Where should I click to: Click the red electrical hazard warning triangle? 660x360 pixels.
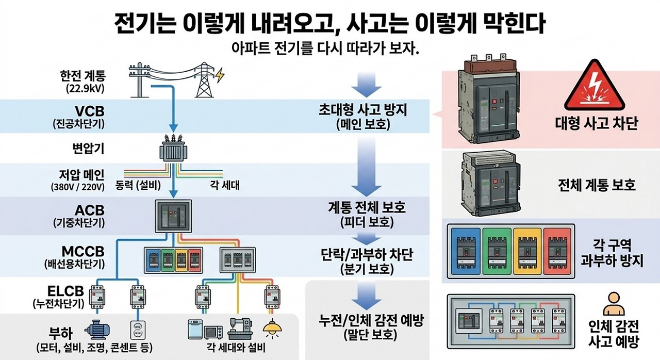[x=595, y=86]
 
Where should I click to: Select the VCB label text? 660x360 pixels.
[x=89, y=111]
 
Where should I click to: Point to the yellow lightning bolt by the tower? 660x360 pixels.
[x=220, y=75]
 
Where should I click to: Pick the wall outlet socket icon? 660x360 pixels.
[x=138, y=330]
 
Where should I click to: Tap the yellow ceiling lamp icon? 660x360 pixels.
[x=272, y=328]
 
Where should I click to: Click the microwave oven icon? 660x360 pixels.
[x=214, y=332]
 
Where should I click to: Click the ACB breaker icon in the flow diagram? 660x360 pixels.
[x=174, y=216]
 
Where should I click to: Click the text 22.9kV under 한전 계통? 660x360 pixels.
[x=86, y=88]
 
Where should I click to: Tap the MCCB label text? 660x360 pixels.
[x=83, y=252]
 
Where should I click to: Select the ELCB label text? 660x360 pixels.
[x=65, y=291]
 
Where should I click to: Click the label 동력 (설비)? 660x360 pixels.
[x=138, y=185]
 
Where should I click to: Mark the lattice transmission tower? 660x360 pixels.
[x=204, y=79]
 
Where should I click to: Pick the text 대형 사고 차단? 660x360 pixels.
[x=597, y=123]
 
